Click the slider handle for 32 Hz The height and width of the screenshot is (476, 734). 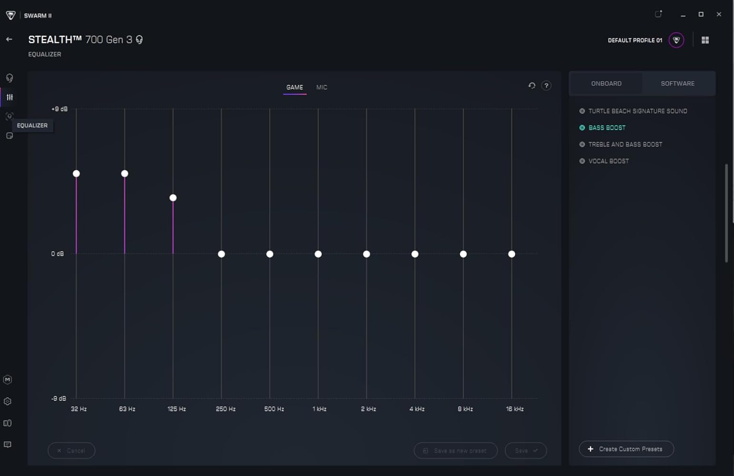tap(76, 173)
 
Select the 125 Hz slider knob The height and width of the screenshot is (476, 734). tap(173, 198)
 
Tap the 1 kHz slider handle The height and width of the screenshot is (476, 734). tap(318, 254)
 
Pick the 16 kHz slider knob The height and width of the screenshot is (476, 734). tap(511, 254)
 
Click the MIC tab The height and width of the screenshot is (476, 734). tap(322, 87)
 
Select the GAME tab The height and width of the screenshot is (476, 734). tap(294, 87)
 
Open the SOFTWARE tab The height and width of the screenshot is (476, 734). tap(677, 84)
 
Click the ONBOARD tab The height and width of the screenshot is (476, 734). tap(606, 84)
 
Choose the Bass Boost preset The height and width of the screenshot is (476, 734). tap(607, 128)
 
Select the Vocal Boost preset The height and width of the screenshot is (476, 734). tap(608, 161)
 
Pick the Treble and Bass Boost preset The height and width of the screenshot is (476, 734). tap(625, 144)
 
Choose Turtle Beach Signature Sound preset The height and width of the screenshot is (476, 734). tap(637, 111)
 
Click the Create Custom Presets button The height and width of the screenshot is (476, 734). tap(626, 449)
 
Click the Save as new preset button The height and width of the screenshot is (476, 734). tap(455, 450)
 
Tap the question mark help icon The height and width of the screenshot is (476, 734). tap(546, 86)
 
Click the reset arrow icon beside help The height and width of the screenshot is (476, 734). tap(532, 86)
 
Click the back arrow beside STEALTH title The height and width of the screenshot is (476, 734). tap(9, 40)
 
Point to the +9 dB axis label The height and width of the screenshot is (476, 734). tap(59, 109)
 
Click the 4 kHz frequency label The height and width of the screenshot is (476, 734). tap(417, 409)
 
